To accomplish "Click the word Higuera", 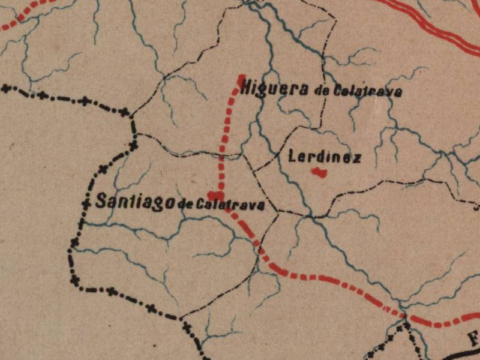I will click(x=274, y=89).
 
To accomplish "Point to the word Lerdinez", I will click(x=325, y=158).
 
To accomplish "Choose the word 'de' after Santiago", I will click(x=186, y=205).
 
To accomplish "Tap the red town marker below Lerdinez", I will click(x=319, y=173).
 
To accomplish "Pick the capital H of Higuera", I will click(x=245, y=89).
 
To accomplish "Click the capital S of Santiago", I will click(x=101, y=201).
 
